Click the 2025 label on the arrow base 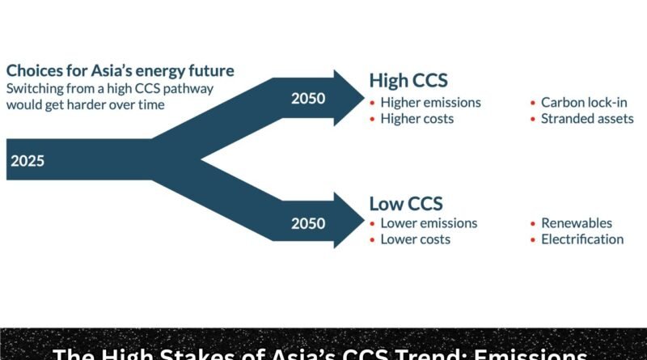tap(27, 160)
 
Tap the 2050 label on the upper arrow tap(307, 98)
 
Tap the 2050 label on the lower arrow tap(307, 222)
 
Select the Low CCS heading tap(405, 203)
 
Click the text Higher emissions tap(430, 103)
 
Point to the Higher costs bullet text tap(417, 119)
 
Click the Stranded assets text tap(587, 119)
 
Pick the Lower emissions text tap(429, 223)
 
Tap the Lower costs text tap(415, 239)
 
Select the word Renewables tap(577, 223)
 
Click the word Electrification tap(582, 239)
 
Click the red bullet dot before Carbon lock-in tap(533, 104)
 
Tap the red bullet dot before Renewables tap(533, 224)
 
